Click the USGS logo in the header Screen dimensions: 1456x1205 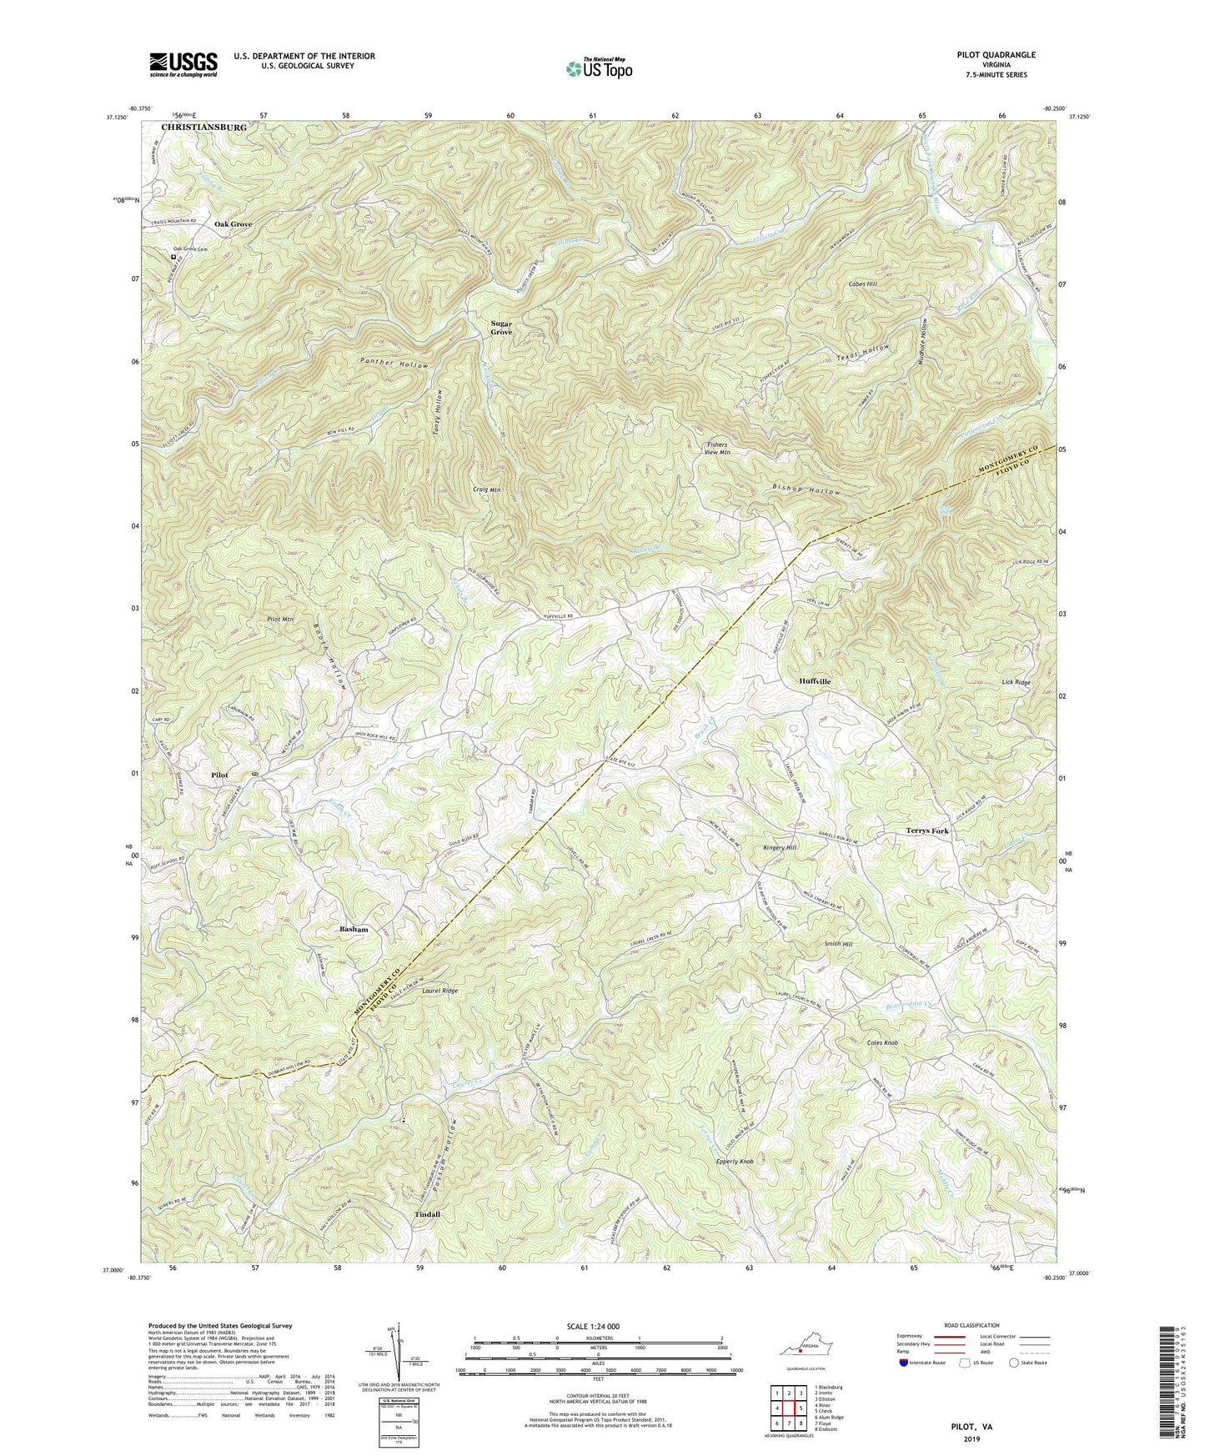tap(183, 63)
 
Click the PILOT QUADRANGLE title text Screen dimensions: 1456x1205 tap(996, 55)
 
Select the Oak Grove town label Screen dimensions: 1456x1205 tap(233, 224)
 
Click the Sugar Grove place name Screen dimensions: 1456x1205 tap(501, 328)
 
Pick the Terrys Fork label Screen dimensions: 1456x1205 tap(926, 831)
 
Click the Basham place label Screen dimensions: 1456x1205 tap(354, 929)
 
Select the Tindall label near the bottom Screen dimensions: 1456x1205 tap(427, 1214)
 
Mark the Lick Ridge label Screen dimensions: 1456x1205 tap(1016, 682)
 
